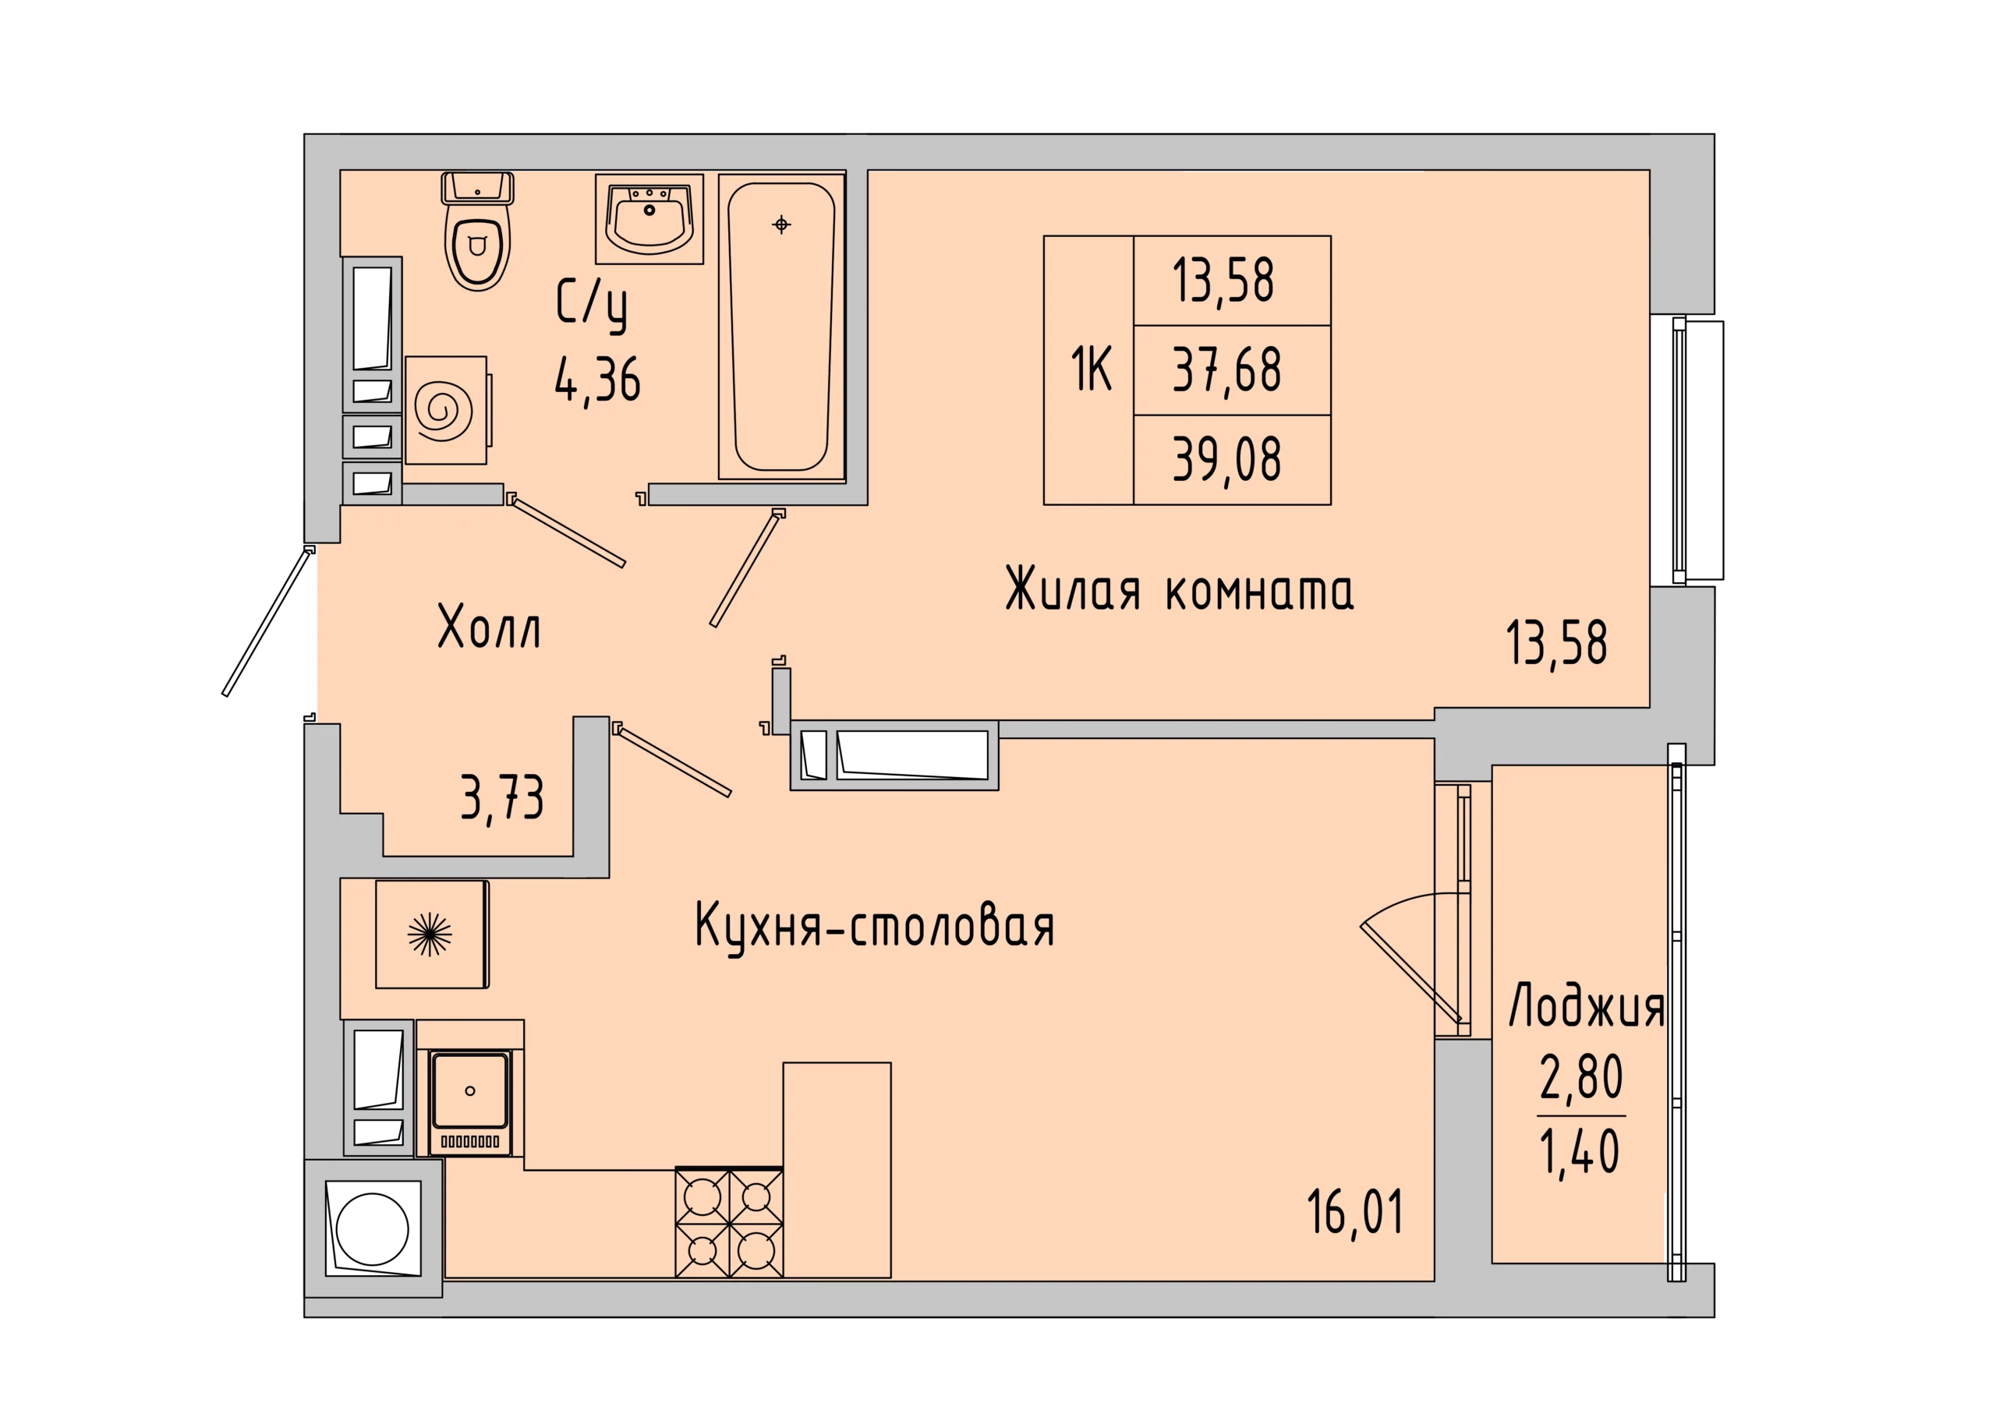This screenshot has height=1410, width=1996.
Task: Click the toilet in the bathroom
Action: click(477, 231)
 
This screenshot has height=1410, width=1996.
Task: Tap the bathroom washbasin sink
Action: click(649, 218)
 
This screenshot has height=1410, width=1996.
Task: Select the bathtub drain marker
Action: click(781, 225)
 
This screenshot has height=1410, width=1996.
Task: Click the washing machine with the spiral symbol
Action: click(446, 409)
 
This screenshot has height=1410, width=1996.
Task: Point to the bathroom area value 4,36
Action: click(598, 380)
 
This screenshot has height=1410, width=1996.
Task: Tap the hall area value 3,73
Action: click(502, 798)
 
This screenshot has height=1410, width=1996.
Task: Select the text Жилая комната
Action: click(1179, 589)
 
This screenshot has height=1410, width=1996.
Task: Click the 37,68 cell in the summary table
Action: click(1232, 370)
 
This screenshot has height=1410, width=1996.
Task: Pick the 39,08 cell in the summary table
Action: click(1232, 460)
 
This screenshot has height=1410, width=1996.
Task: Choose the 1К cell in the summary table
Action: click(1088, 370)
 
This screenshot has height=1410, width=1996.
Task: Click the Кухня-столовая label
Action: click(875, 927)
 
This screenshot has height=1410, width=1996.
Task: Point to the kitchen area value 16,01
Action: click(1355, 1213)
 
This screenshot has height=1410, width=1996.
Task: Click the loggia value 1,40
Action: click(1580, 1152)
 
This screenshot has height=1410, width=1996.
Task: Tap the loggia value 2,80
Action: click(1581, 1078)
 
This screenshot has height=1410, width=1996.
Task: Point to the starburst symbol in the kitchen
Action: click(430, 935)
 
